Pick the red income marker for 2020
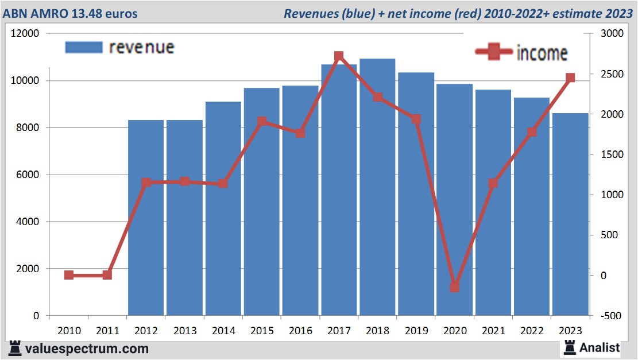454,287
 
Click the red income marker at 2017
339,56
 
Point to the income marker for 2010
69,275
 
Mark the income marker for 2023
570,78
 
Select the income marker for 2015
262,122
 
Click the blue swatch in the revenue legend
84,47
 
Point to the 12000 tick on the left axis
25,34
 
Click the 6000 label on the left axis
27,175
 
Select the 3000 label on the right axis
609,34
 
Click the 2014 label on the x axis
223,331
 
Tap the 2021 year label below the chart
493,331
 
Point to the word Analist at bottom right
600,347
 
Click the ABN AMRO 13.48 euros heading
70,13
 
